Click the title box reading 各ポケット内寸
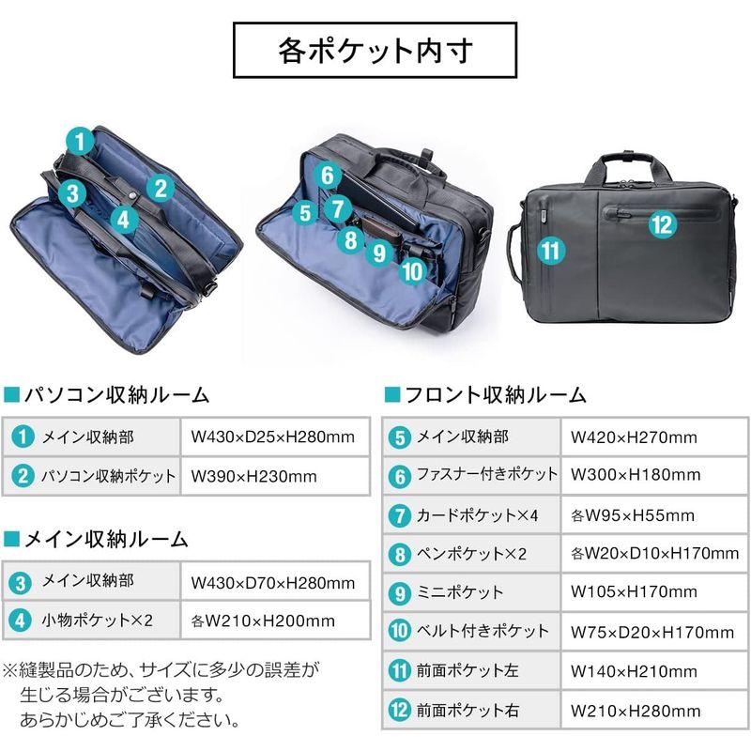(375, 50)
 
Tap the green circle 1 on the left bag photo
(82, 142)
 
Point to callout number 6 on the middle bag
(326, 175)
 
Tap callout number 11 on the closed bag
(550, 251)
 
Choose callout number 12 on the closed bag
(661, 223)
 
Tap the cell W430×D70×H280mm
(272, 582)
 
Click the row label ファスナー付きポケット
(487, 475)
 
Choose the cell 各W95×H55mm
(633, 514)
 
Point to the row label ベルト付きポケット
(483, 631)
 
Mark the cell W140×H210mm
(634, 671)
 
